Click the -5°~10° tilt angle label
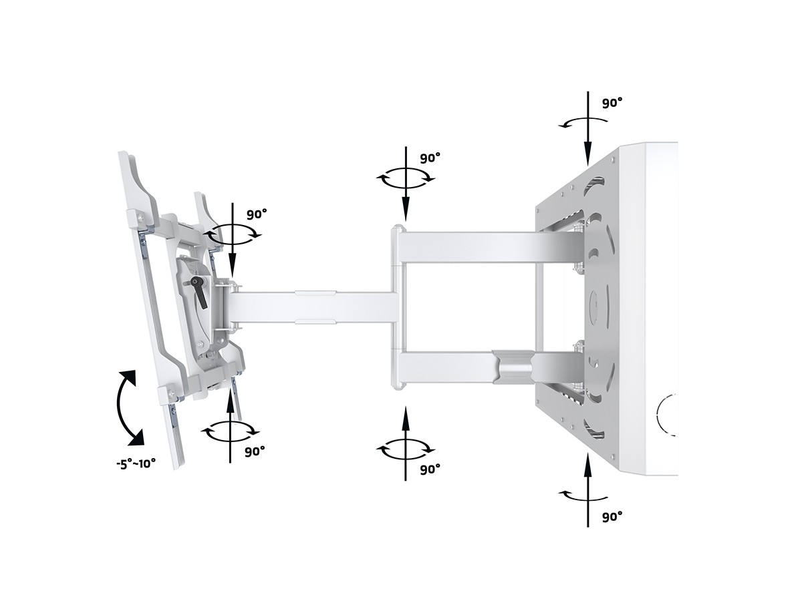pyautogui.click(x=136, y=464)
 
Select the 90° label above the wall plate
pyautogui.click(x=612, y=103)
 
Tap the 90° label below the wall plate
pyautogui.click(x=612, y=516)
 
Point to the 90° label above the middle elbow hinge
pyautogui.click(x=430, y=158)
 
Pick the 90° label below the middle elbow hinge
pyautogui.click(x=430, y=469)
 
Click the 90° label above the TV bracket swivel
pyautogui.click(x=257, y=214)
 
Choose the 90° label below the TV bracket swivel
pyautogui.click(x=255, y=451)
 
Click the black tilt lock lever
pyautogui.click(x=199, y=290)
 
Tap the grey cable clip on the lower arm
pyautogui.click(x=513, y=367)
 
